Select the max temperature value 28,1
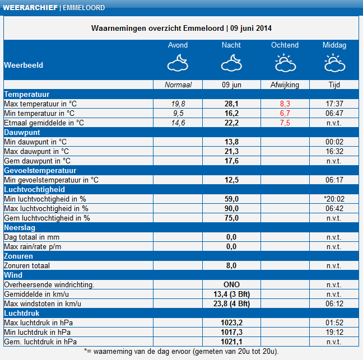tap(231, 104)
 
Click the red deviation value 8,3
tap(285, 104)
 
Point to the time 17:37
tap(334, 104)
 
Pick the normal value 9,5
tap(178, 113)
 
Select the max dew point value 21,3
tap(231, 151)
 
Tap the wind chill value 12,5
tap(231, 180)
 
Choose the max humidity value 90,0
tap(231, 208)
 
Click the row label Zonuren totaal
tap(27, 265)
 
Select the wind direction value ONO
tap(231, 284)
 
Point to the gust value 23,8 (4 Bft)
tap(231, 303)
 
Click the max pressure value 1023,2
tap(231, 322)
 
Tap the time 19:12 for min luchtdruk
tap(334, 332)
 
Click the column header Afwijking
tap(285, 85)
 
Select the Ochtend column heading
tap(285, 45)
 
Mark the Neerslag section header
tap(20, 227)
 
